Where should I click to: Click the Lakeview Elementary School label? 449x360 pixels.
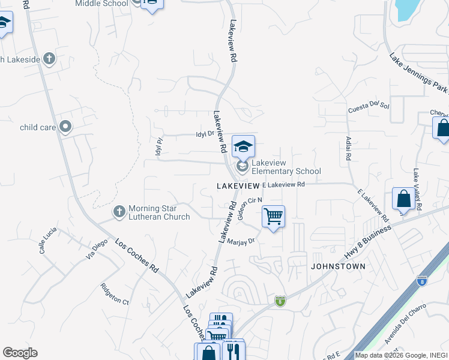coord(286,167)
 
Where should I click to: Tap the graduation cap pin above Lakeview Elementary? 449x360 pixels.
coord(243,146)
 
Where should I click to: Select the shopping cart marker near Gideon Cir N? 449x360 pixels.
coord(273,216)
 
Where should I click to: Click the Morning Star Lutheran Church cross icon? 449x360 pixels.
coord(119,212)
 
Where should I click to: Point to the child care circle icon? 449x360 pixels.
coord(66,127)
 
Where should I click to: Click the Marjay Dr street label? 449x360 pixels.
coord(242,241)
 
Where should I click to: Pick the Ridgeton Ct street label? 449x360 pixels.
coord(115,294)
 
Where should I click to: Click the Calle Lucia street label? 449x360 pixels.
coord(48,240)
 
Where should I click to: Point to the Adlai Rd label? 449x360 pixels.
coord(348,148)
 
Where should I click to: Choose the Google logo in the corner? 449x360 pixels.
coord(20,353)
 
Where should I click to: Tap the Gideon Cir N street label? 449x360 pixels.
coord(250,208)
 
